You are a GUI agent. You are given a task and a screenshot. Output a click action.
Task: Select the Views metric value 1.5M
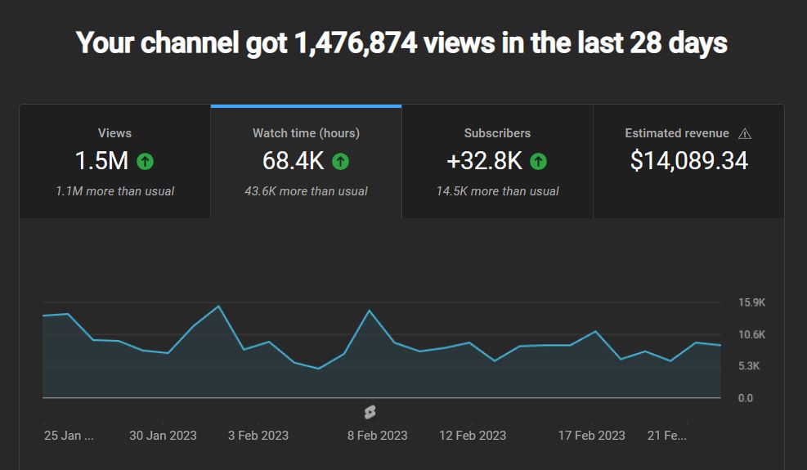click(x=101, y=161)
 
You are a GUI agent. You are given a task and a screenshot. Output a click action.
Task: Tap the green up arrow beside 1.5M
click(x=145, y=161)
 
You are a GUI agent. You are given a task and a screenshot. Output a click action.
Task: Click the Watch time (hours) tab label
click(x=306, y=133)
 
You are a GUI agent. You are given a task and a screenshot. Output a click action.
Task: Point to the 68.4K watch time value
click(x=293, y=161)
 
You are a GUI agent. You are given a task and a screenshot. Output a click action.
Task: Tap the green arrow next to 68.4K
click(x=340, y=161)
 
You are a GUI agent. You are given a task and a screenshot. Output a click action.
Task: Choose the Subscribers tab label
click(x=497, y=133)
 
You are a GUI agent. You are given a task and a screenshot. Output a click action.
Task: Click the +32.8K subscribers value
click(x=484, y=161)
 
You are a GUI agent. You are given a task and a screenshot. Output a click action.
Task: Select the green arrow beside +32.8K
click(x=538, y=161)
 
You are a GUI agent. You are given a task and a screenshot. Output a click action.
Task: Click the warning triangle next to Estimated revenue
click(x=744, y=133)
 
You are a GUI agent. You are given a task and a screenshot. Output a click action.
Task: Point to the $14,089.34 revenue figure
click(x=688, y=161)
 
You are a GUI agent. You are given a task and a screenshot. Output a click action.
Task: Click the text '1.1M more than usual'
click(x=114, y=191)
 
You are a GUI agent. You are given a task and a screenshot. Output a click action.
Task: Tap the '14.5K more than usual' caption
click(x=497, y=191)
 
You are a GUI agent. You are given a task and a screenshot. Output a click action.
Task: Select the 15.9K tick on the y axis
click(x=751, y=302)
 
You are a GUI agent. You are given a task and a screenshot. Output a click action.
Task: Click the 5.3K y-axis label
click(x=749, y=366)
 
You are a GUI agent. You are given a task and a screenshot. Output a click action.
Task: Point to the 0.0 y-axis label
click(x=746, y=398)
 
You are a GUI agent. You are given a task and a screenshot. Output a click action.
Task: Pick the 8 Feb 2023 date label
click(x=377, y=436)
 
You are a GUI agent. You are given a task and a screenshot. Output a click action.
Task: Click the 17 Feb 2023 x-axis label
click(x=591, y=436)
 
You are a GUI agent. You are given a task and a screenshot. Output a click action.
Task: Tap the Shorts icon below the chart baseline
click(x=370, y=412)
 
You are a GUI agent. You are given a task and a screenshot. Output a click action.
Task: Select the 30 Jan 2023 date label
click(x=163, y=436)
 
